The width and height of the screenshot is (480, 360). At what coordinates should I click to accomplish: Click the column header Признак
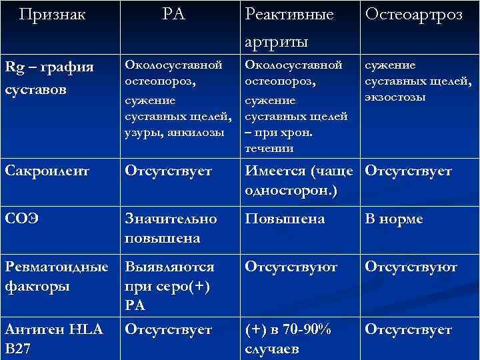(x=53, y=14)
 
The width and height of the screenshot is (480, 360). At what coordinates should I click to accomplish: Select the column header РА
(x=174, y=14)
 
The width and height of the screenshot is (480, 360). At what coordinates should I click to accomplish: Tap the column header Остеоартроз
(x=413, y=15)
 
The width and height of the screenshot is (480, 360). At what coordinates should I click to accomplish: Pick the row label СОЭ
(x=21, y=219)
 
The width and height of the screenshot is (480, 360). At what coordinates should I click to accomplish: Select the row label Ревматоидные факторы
(x=56, y=276)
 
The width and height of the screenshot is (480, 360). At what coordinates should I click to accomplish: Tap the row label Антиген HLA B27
(x=53, y=339)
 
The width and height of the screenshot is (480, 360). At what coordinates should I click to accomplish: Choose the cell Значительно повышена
(x=171, y=228)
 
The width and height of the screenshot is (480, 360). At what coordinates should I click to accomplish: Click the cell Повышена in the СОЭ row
(x=285, y=219)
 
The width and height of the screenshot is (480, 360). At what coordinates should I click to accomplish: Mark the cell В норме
(x=393, y=219)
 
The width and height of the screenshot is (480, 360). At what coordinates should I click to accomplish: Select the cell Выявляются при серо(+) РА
(x=169, y=285)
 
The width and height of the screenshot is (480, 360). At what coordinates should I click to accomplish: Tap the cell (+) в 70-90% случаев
(x=289, y=339)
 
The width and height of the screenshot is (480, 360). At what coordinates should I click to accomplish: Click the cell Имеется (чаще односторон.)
(x=299, y=180)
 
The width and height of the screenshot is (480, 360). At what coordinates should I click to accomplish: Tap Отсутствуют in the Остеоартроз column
(x=411, y=267)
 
